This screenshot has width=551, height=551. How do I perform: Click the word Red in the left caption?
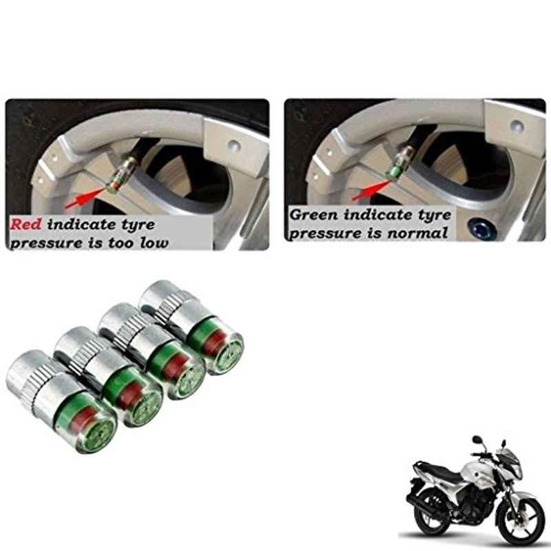pos(25,225)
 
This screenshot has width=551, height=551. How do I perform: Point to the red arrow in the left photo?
pos(85,198)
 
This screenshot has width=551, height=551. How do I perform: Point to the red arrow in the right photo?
pos(372,190)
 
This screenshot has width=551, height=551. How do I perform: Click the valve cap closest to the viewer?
pos(61,401)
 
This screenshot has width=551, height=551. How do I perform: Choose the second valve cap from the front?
pos(110,377)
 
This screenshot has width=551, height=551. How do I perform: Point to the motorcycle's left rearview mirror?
pos(477,439)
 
